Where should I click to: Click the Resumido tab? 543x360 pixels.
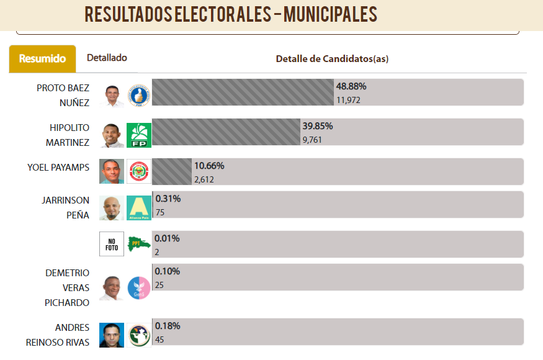42,58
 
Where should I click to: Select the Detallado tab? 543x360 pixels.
107,58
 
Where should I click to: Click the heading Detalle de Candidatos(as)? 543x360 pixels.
332,58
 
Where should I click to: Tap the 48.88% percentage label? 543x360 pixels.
351,86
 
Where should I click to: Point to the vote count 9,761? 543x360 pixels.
312,140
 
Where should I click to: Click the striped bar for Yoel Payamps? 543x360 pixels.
172,171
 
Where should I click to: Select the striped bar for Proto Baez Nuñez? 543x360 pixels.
243,92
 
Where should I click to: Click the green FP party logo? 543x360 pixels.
139,135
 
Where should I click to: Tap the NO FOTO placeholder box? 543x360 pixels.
112,244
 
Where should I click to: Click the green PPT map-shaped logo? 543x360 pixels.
139,244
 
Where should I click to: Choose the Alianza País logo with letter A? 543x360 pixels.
139,208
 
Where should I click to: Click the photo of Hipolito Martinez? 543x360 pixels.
112,135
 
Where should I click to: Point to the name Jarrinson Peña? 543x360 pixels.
65,207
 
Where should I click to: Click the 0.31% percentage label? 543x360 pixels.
168,199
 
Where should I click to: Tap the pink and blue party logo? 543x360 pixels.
139,288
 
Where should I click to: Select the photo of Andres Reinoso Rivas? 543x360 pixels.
112,335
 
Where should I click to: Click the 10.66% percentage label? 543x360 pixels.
209,166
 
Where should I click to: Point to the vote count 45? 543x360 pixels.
159,340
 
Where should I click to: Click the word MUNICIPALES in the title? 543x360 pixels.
330,14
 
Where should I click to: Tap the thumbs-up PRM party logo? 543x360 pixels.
139,96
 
